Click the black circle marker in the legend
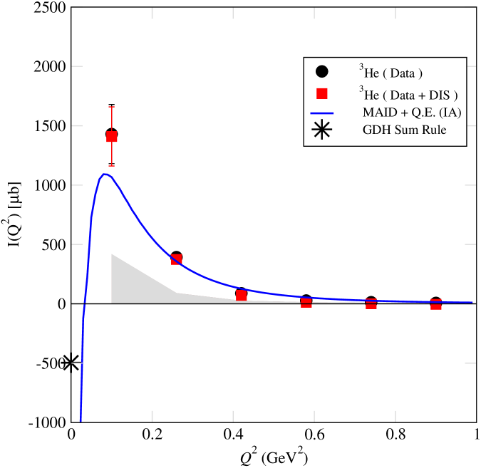(322, 71)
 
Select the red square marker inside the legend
(322, 93)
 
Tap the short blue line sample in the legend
(322, 113)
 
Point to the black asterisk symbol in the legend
(322, 130)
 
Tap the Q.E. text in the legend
(422, 112)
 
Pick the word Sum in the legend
(405, 130)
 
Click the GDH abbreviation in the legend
(376, 130)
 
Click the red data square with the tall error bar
(112, 137)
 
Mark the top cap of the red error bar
(112, 107)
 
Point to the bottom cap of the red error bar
(112, 166)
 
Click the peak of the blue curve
(105, 174)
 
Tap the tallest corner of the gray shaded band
(112, 254)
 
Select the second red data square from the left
(177, 259)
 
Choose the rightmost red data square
(436, 304)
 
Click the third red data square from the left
(242, 295)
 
